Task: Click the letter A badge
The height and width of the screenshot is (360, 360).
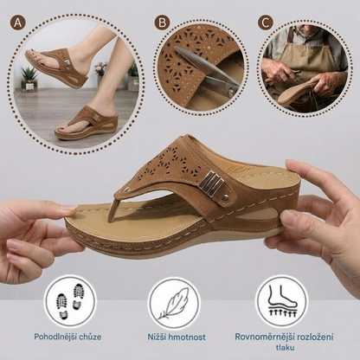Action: click(17, 22)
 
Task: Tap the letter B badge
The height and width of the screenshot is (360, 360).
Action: click(162, 22)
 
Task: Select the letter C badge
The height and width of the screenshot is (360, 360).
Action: click(266, 22)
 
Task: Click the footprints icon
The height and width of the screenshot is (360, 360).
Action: click(70, 301)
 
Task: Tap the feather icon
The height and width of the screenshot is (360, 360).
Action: click(174, 304)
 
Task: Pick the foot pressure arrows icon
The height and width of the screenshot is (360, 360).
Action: click(282, 301)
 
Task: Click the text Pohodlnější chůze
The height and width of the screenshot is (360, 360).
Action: click(67, 337)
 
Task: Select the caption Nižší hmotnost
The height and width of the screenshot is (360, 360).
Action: click(177, 337)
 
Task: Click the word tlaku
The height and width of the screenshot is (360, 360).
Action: click(285, 347)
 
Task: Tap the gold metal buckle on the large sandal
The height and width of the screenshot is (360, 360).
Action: click(212, 182)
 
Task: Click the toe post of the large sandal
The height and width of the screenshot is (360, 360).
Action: click(113, 209)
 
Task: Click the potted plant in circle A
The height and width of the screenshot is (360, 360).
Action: click(29, 79)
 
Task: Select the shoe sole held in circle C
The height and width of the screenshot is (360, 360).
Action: click(297, 94)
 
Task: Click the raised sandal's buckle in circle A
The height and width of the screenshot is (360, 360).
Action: click(67, 63)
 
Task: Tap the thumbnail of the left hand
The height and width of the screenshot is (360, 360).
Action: click(69, 208)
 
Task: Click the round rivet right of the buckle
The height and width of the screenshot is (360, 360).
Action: click(225, 198)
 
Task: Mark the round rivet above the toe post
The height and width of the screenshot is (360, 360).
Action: click(127, 190)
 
